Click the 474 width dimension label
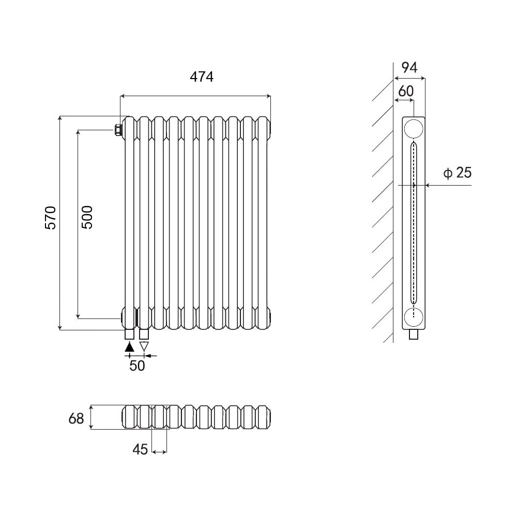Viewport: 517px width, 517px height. [x=202, y=77]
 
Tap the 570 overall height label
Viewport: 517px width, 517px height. [x=51, y=218]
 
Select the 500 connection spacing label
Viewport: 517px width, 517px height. [x=87, y=218]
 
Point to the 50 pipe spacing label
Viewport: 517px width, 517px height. [x=137, y=366]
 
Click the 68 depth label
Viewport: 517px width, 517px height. [x=76, y=418]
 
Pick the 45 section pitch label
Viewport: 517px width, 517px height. [x=140, y=449]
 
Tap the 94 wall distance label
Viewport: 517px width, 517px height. [x=409, y=67]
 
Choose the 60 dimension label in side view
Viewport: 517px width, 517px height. [x=405, y=91]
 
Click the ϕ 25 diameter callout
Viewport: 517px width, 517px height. [x=458, y=173]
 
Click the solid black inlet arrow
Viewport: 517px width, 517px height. [x=130, y=347]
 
